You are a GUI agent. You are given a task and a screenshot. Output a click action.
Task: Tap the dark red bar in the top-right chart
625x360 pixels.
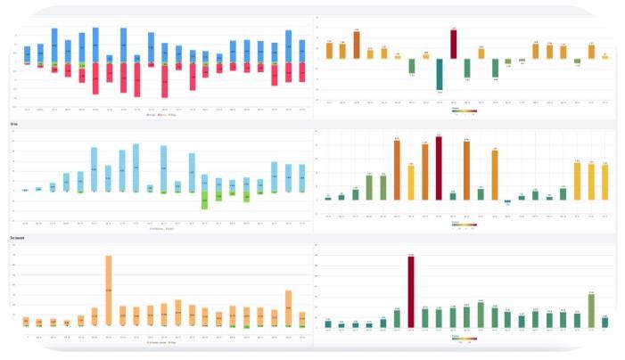tap(453, 44)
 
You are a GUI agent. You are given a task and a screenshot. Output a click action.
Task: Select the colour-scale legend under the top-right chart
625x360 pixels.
tap(465, 111)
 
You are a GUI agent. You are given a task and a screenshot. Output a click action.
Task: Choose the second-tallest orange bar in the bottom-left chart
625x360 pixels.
tap(289, 307)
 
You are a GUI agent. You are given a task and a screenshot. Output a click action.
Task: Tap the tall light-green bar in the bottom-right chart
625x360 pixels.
tap(590, 310)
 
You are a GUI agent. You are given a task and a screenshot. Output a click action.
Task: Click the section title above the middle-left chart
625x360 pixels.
tap(14, 124)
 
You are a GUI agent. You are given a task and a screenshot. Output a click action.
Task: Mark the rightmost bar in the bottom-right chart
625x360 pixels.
tap(605, 323)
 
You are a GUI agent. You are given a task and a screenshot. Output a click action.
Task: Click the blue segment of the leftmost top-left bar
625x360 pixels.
tap(27, 53)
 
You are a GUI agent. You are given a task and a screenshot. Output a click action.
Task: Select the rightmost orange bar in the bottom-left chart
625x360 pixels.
tap(302, 318)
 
